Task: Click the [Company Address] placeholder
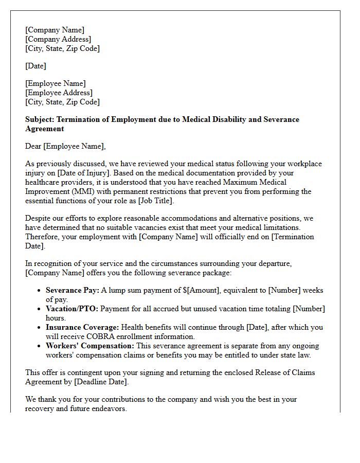point(58,39)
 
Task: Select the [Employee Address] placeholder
point(59,93)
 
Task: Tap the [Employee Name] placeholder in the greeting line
point(74,146)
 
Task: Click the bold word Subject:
point(40,119)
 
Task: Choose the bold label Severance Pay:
point(72,290)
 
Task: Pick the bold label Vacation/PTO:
point(72,309)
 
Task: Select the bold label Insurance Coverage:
point(82,327)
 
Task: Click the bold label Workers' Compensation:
point(90,346)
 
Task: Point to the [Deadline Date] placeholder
point(100,382)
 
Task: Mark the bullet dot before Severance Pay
point(39,291)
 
